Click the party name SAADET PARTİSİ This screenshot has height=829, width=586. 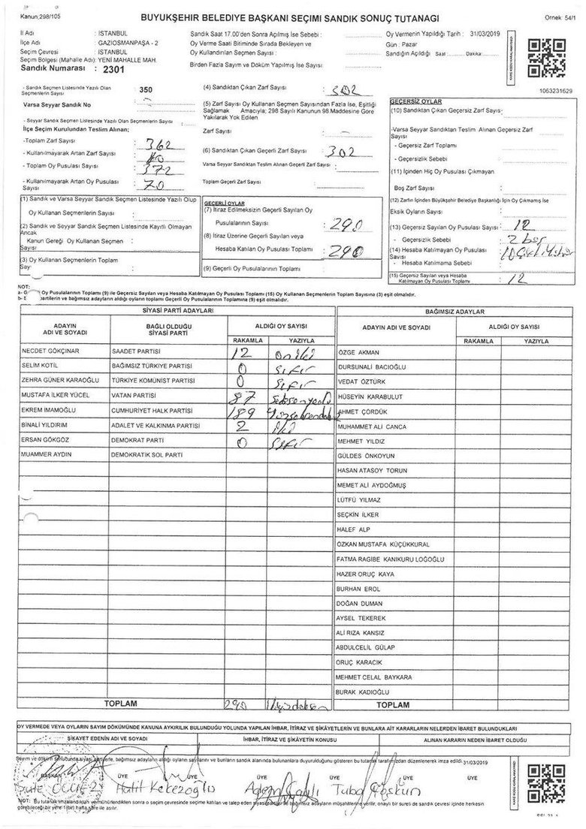coord(137,351)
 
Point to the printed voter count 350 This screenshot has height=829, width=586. coord(146,89)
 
